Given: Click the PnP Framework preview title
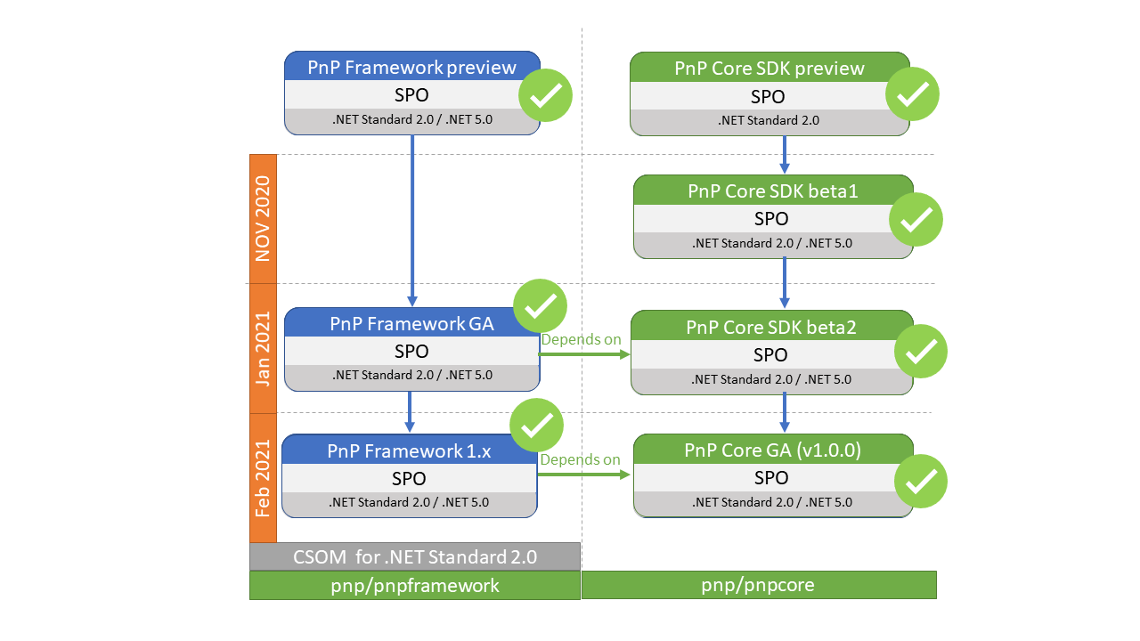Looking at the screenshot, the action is click(411, 67).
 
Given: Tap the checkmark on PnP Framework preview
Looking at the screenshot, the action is click(546, 95).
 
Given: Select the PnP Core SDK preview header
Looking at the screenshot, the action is click(769, 69).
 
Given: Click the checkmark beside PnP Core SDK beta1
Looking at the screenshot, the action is click(916, 220).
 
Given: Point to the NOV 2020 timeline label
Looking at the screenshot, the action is click(263, 219).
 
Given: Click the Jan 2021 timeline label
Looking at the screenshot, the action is click(263, 349).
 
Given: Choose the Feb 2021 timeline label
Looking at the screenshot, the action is click(263, 479).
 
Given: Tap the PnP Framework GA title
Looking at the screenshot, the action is click(411, 323).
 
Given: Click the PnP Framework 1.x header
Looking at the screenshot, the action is click(409, 450).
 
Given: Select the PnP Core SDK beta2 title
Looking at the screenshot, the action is click(771, 327).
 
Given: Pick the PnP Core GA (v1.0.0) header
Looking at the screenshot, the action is click(772, 450).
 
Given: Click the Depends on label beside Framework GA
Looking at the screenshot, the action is click(581, 339).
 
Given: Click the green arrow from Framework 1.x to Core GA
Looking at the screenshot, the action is click(584, 475).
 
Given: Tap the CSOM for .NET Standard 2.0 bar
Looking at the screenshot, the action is click(415, 556).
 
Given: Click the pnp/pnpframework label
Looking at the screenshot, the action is click(415, 586).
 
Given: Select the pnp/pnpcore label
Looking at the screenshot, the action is click(758, 585).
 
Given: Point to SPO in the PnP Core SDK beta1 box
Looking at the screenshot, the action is click(771, 219).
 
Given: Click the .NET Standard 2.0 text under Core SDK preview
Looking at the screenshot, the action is click(769, 120).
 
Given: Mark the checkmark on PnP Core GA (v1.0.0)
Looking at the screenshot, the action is click(921, 482).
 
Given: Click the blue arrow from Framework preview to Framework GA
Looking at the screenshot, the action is click(412, 221).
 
